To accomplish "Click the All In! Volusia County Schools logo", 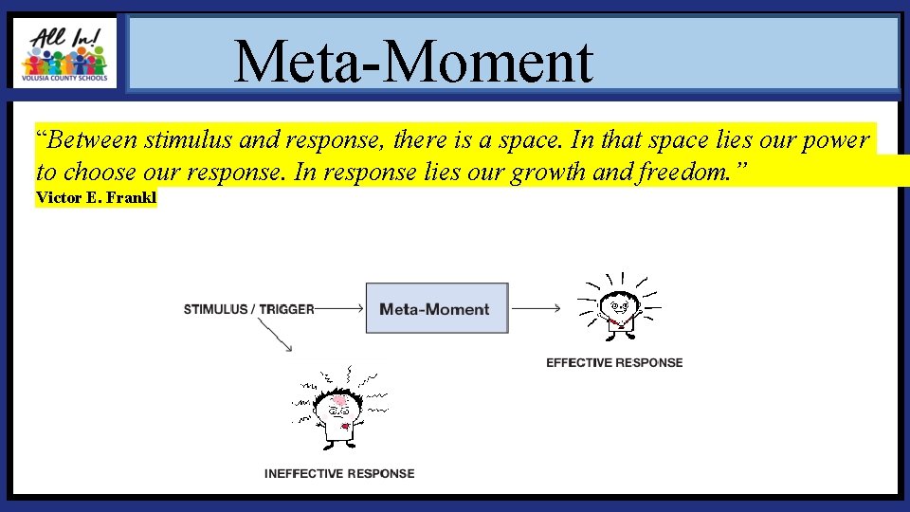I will click(64, 53).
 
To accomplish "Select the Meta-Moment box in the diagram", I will click(436, 308).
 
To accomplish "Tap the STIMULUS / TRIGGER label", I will click(248, 309).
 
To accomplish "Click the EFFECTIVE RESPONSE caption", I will click(614, 362).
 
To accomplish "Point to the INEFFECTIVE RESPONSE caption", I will click(339, 473).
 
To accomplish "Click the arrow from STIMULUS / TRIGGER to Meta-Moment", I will click(338, 308).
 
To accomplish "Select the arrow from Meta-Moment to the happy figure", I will click(536, 308).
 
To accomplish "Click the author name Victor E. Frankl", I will click(96, 198).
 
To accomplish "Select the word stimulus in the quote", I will click(189, 140).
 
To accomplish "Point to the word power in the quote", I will click(834, 140).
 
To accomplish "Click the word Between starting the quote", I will click(90, 140).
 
